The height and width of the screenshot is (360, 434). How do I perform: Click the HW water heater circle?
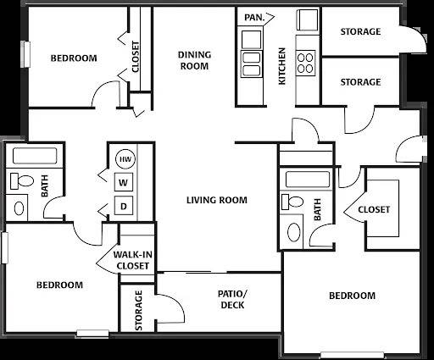(x=125, y=159)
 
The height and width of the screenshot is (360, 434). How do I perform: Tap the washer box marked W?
(x=124, y=182)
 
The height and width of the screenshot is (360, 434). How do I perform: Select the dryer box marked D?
(x=124, y=206)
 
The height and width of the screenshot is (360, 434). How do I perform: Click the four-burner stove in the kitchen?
(x=305, y=63)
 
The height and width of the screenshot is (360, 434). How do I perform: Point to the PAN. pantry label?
(x=254, y=18)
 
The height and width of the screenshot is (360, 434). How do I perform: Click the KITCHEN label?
(x=282, y=66)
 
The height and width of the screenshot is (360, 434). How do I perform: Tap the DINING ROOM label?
(x=194, y=60)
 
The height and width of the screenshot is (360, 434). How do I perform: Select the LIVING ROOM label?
(x=217, y=200)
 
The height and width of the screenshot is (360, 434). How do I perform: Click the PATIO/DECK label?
(x=232, y=299)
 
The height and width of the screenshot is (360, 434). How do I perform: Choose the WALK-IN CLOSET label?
(x=133, y=260)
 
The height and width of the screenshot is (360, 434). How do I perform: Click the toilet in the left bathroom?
(x=22, y=181)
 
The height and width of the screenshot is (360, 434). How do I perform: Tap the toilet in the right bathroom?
(x=292, y=202)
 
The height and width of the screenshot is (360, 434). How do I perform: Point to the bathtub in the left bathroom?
(x=35, y=156)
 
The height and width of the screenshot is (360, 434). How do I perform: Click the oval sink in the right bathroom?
(x=294, y=232)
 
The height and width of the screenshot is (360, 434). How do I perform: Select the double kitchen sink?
(x=251, y=64)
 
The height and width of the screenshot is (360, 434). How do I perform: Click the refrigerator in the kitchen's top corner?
(x=307, y=19)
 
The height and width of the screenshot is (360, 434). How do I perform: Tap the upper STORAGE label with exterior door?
(x=360, y=31)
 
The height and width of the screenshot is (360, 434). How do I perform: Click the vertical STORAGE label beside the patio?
(x=139, y=310)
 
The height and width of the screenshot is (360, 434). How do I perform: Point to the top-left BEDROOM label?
(x=74, y=58)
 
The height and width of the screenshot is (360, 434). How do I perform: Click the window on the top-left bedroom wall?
(x=25, y=54)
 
